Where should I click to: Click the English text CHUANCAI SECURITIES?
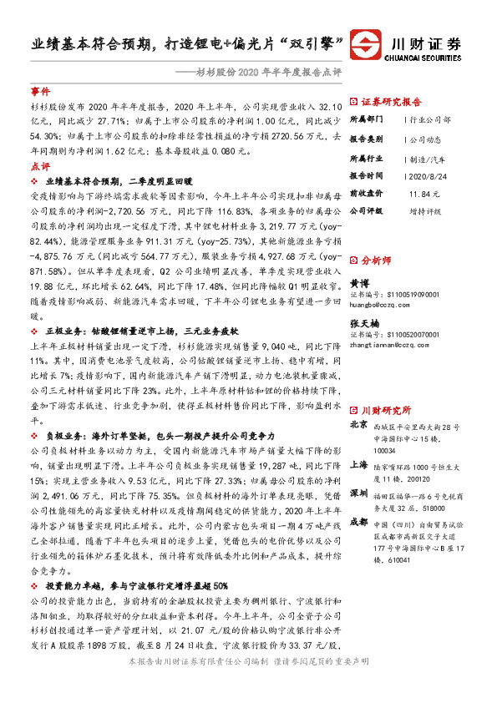(x=425, y=58)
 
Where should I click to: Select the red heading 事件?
(x=39, y=89)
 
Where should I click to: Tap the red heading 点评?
(x=39, y=167)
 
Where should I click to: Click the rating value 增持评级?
(x=426, y=211)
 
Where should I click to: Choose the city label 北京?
(x=358, y=424)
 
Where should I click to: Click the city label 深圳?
(x=358, y=493)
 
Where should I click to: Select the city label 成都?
(x=358, y=522)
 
